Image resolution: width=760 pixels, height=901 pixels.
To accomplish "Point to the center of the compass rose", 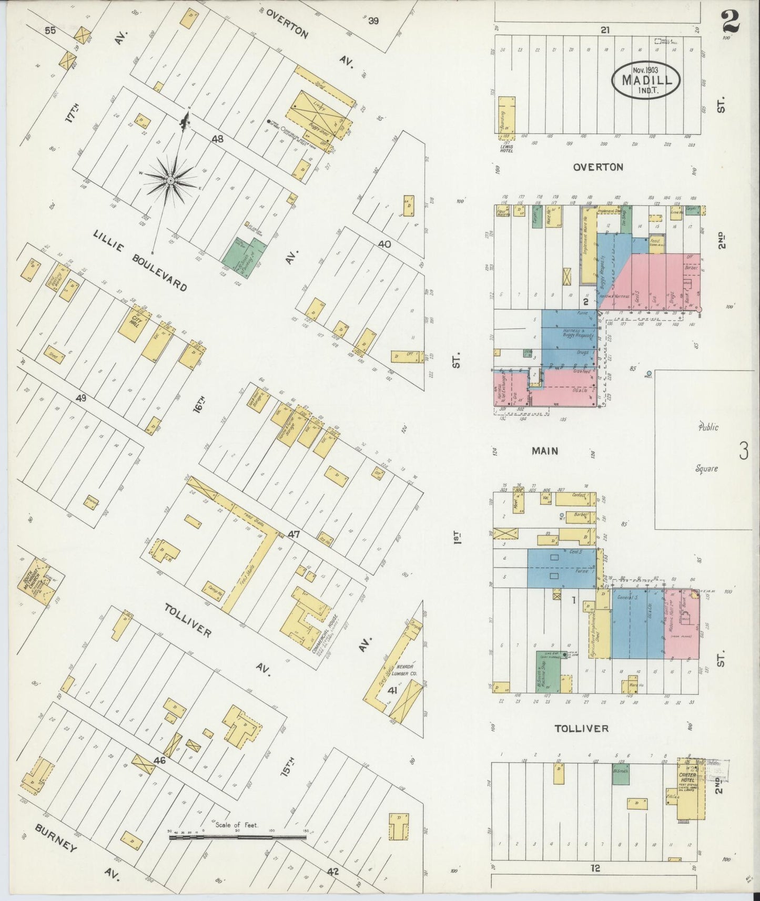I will pos(171,180).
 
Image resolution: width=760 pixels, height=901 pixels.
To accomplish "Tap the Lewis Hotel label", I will pos(506,148).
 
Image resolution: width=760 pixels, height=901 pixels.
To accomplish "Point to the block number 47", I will pos(293,534).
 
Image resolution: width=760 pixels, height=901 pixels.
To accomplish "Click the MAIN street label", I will pos(545,450).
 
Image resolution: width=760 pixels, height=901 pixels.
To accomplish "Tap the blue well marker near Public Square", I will pos(649,374).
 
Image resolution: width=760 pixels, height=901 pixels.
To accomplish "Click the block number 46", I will pos(160,760).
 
